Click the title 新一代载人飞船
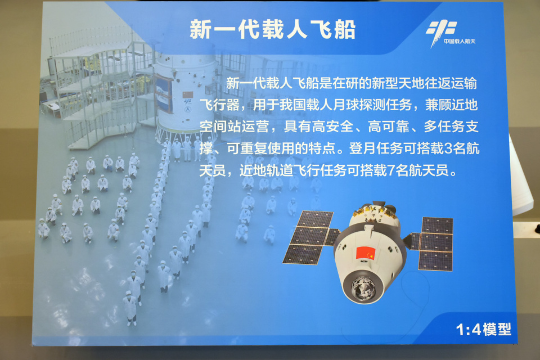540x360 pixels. coord(272,30)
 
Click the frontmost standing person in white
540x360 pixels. coord(131,309)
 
